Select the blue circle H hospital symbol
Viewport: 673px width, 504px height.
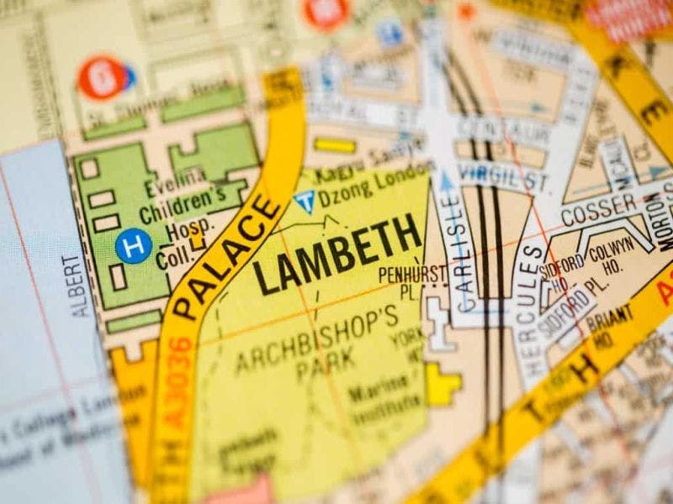click(132, 246)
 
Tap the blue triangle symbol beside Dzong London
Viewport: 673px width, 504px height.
click(304, 201)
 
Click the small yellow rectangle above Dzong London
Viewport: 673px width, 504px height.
click(335, 145)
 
